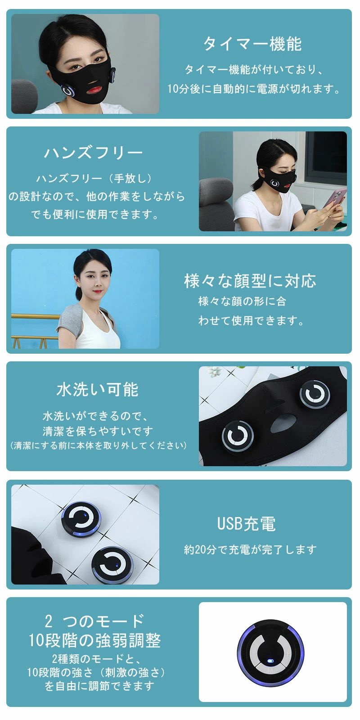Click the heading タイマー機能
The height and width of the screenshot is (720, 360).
click(x=252, y=44)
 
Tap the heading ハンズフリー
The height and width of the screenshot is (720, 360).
click(x=94, y=153)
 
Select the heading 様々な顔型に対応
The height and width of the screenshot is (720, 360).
click(x=250, y=281)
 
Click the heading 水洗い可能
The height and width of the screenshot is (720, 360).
click(x=97, y=390)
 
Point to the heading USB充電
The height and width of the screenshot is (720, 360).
click(x=247, y=524)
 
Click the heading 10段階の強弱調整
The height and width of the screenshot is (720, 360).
click(x=95, y=640)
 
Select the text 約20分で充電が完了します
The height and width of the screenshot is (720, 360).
click(x=250, y=549)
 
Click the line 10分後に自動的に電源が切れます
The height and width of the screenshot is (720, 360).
click(x=253, y=88)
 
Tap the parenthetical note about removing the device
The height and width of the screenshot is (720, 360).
click(x=98, y=445)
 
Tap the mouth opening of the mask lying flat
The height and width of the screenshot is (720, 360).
click(x=283, y=424)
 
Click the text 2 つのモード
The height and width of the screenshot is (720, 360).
click(x=94, y=621)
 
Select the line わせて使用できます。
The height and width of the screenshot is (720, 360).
click(x=251, y=320)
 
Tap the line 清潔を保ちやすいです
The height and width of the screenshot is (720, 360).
click(x=98, y=431)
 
